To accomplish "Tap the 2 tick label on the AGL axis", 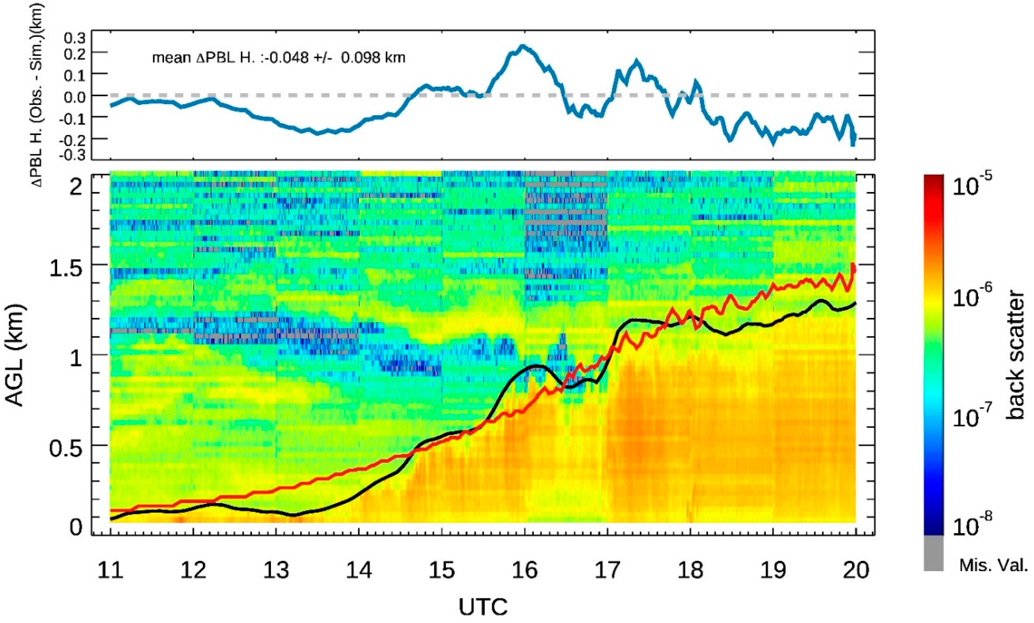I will click(x=76, y=187).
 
